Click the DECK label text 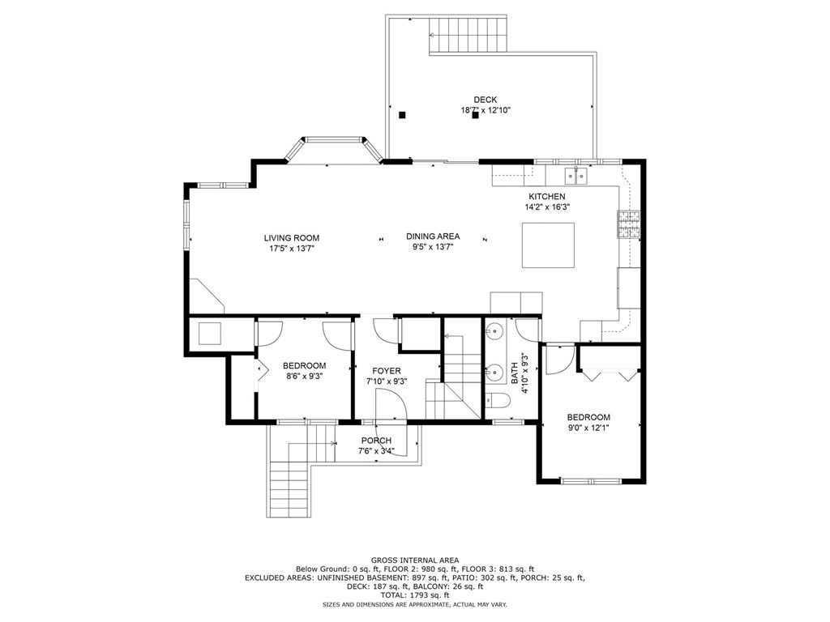pyautogui.click(x=486, y=100)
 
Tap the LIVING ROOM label pyautogui.click(x=291, y=238)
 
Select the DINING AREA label pyautogui.click(x=433, y=236)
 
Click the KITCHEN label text pyautogui.click(x=546, y=197)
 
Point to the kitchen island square pyautogui.click(x=548, y=245)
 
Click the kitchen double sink pyautogui.click(x=575, y=175)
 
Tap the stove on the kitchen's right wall pyautogui.click(x=630, y=225)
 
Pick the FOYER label pyautogui.click(x=386, y=371)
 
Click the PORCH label pyautogui.click(x=376, y=441)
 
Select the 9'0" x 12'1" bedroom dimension pyautogui.click(x=588, y=428)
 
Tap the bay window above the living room pyautogui.click(x=332, y=151)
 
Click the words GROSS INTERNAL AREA pyautogui.click(x=414, y=560)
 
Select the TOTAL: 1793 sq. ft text pyautogui.click(x=414, y=595)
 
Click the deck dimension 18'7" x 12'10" pyautogui.click(x=486, y=110)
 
